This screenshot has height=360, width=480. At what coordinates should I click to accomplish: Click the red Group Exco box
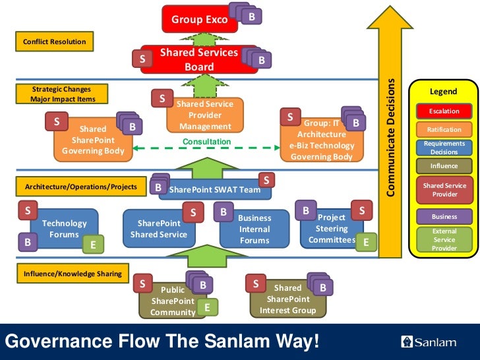tap(200, 19)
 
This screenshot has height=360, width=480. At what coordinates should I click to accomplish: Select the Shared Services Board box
tap(199, 59)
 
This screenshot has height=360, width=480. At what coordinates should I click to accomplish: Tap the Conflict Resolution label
tap(55, 42)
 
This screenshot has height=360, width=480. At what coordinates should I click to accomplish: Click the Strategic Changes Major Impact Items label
tap(62, 94)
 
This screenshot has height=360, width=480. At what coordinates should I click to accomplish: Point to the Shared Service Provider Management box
tap(205, 115)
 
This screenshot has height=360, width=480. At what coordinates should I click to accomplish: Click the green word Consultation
tap(207, 141)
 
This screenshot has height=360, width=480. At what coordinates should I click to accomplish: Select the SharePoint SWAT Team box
tap(215, 189)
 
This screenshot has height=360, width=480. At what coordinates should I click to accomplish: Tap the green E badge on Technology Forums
tap(93, 244)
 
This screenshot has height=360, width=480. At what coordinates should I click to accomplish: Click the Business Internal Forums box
tap(255, 229)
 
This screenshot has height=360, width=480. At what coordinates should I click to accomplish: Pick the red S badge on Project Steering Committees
tap(362, 210)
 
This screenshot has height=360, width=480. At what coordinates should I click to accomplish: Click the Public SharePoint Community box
tap(173, 301)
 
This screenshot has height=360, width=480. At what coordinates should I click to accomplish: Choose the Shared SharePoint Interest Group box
tap(288, 299)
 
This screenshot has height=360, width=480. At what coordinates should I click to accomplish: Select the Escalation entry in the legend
tap(444, 111)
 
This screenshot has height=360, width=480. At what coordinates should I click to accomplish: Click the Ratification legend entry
tap(444, 129)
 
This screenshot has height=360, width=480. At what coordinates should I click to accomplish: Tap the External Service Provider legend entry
tap(444, 239)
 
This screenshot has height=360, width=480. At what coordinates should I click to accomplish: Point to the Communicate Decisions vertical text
tap(390, 137)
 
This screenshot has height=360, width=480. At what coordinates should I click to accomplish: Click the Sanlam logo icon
tap(407, 342)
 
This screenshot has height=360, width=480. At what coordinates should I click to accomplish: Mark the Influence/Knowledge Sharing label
tap(73, 274)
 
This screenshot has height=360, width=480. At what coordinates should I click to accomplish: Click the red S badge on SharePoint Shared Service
tap(193, 212)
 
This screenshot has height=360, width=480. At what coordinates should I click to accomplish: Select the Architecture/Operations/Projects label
tap(81, 187)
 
